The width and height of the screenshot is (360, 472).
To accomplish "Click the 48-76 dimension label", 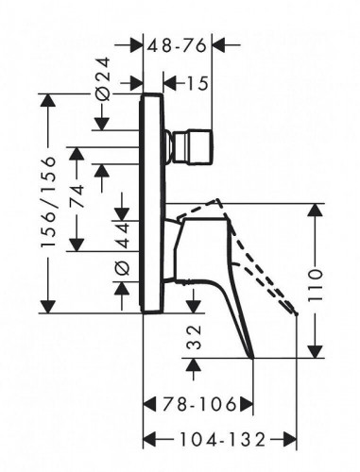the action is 177,46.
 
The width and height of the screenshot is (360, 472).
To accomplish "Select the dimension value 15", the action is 197,84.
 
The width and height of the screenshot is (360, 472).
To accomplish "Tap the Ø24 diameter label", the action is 104,78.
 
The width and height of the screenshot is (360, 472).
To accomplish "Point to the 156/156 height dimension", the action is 49,202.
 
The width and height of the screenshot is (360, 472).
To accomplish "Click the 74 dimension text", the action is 77,195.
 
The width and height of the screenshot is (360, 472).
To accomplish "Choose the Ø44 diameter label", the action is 122,248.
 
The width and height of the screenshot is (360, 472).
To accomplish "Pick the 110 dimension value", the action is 316,285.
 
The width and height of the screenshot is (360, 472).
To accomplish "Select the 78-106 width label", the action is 199,404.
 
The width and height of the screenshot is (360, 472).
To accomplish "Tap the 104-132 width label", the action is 223,439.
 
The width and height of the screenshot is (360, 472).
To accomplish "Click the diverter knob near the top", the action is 189,146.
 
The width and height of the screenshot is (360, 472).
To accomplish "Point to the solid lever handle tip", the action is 252,358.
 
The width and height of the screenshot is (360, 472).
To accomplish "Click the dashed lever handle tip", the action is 296,313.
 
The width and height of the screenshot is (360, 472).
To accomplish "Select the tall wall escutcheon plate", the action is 151,203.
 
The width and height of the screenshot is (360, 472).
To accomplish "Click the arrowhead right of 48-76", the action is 218,45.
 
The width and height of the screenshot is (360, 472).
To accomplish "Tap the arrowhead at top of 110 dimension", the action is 316,210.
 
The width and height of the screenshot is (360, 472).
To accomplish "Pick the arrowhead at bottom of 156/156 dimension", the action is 48,307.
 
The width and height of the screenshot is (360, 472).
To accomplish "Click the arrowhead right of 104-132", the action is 290,439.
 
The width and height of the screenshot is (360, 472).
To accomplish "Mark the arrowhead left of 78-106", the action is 150,404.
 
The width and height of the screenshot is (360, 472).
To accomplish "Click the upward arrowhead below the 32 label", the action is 193,364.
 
